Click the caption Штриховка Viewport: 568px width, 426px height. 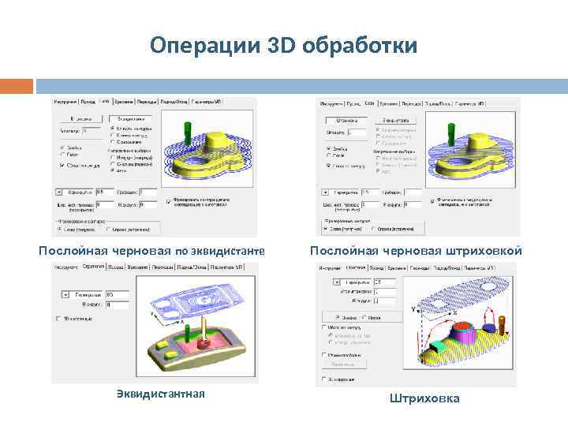pyautogui.click(x=424, y=398)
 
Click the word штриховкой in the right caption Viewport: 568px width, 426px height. pyautogui.click(x=482, y=250)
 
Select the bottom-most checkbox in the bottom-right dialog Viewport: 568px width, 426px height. pyautogui.click(x=324, y=379)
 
